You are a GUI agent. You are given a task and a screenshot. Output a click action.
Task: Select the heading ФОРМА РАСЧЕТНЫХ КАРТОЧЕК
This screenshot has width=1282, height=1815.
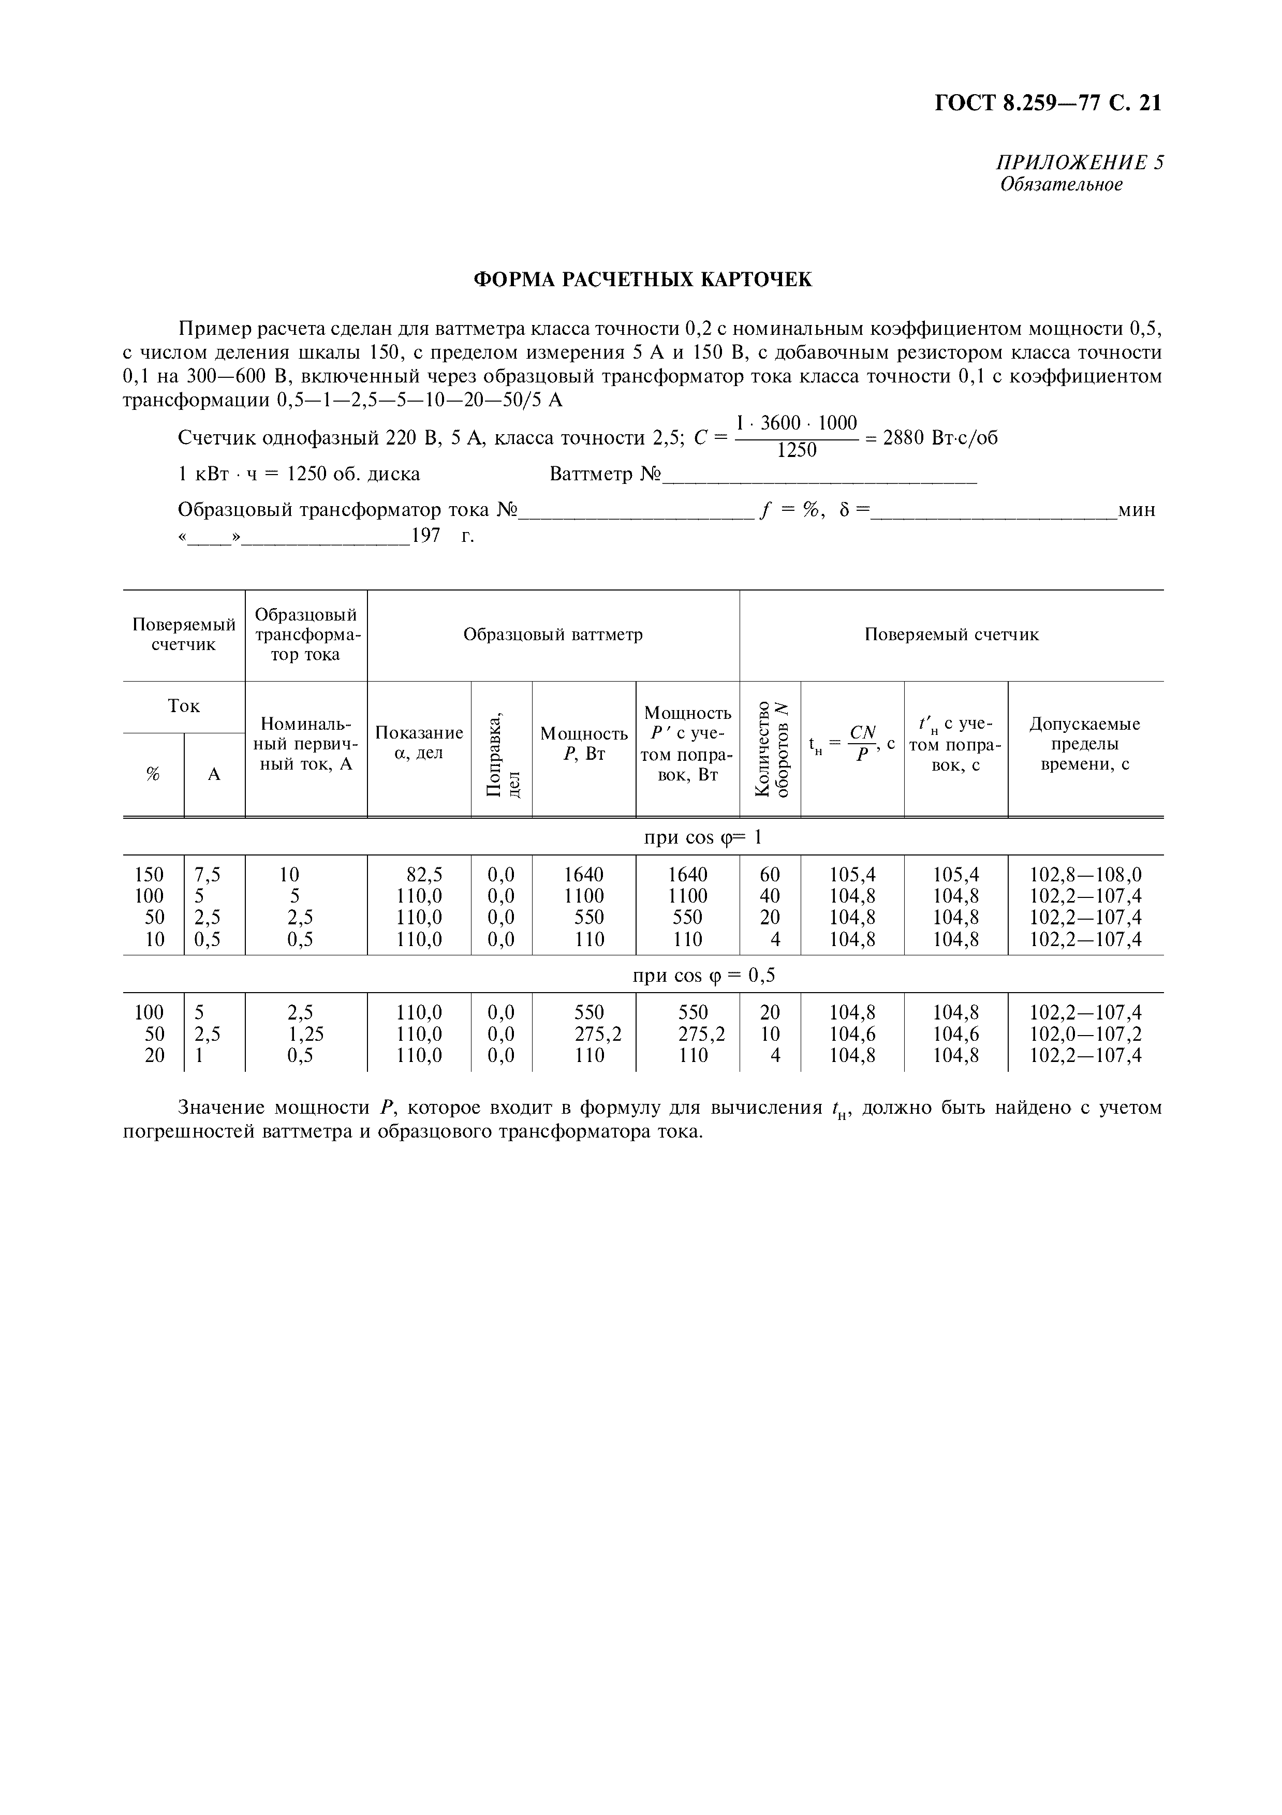pos(642,280)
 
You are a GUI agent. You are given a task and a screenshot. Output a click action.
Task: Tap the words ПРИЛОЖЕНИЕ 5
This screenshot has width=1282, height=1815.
pos(1079,163)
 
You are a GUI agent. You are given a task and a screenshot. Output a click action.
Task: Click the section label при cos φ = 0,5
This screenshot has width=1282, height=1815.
pos(703,976)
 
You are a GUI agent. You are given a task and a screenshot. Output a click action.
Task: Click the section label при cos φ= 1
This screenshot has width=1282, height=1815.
pos(702,837)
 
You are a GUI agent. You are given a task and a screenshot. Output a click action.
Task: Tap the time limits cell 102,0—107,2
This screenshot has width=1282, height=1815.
pos(1085,1034)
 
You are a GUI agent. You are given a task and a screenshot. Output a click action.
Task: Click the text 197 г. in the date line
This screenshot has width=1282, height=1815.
pos(443,537)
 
